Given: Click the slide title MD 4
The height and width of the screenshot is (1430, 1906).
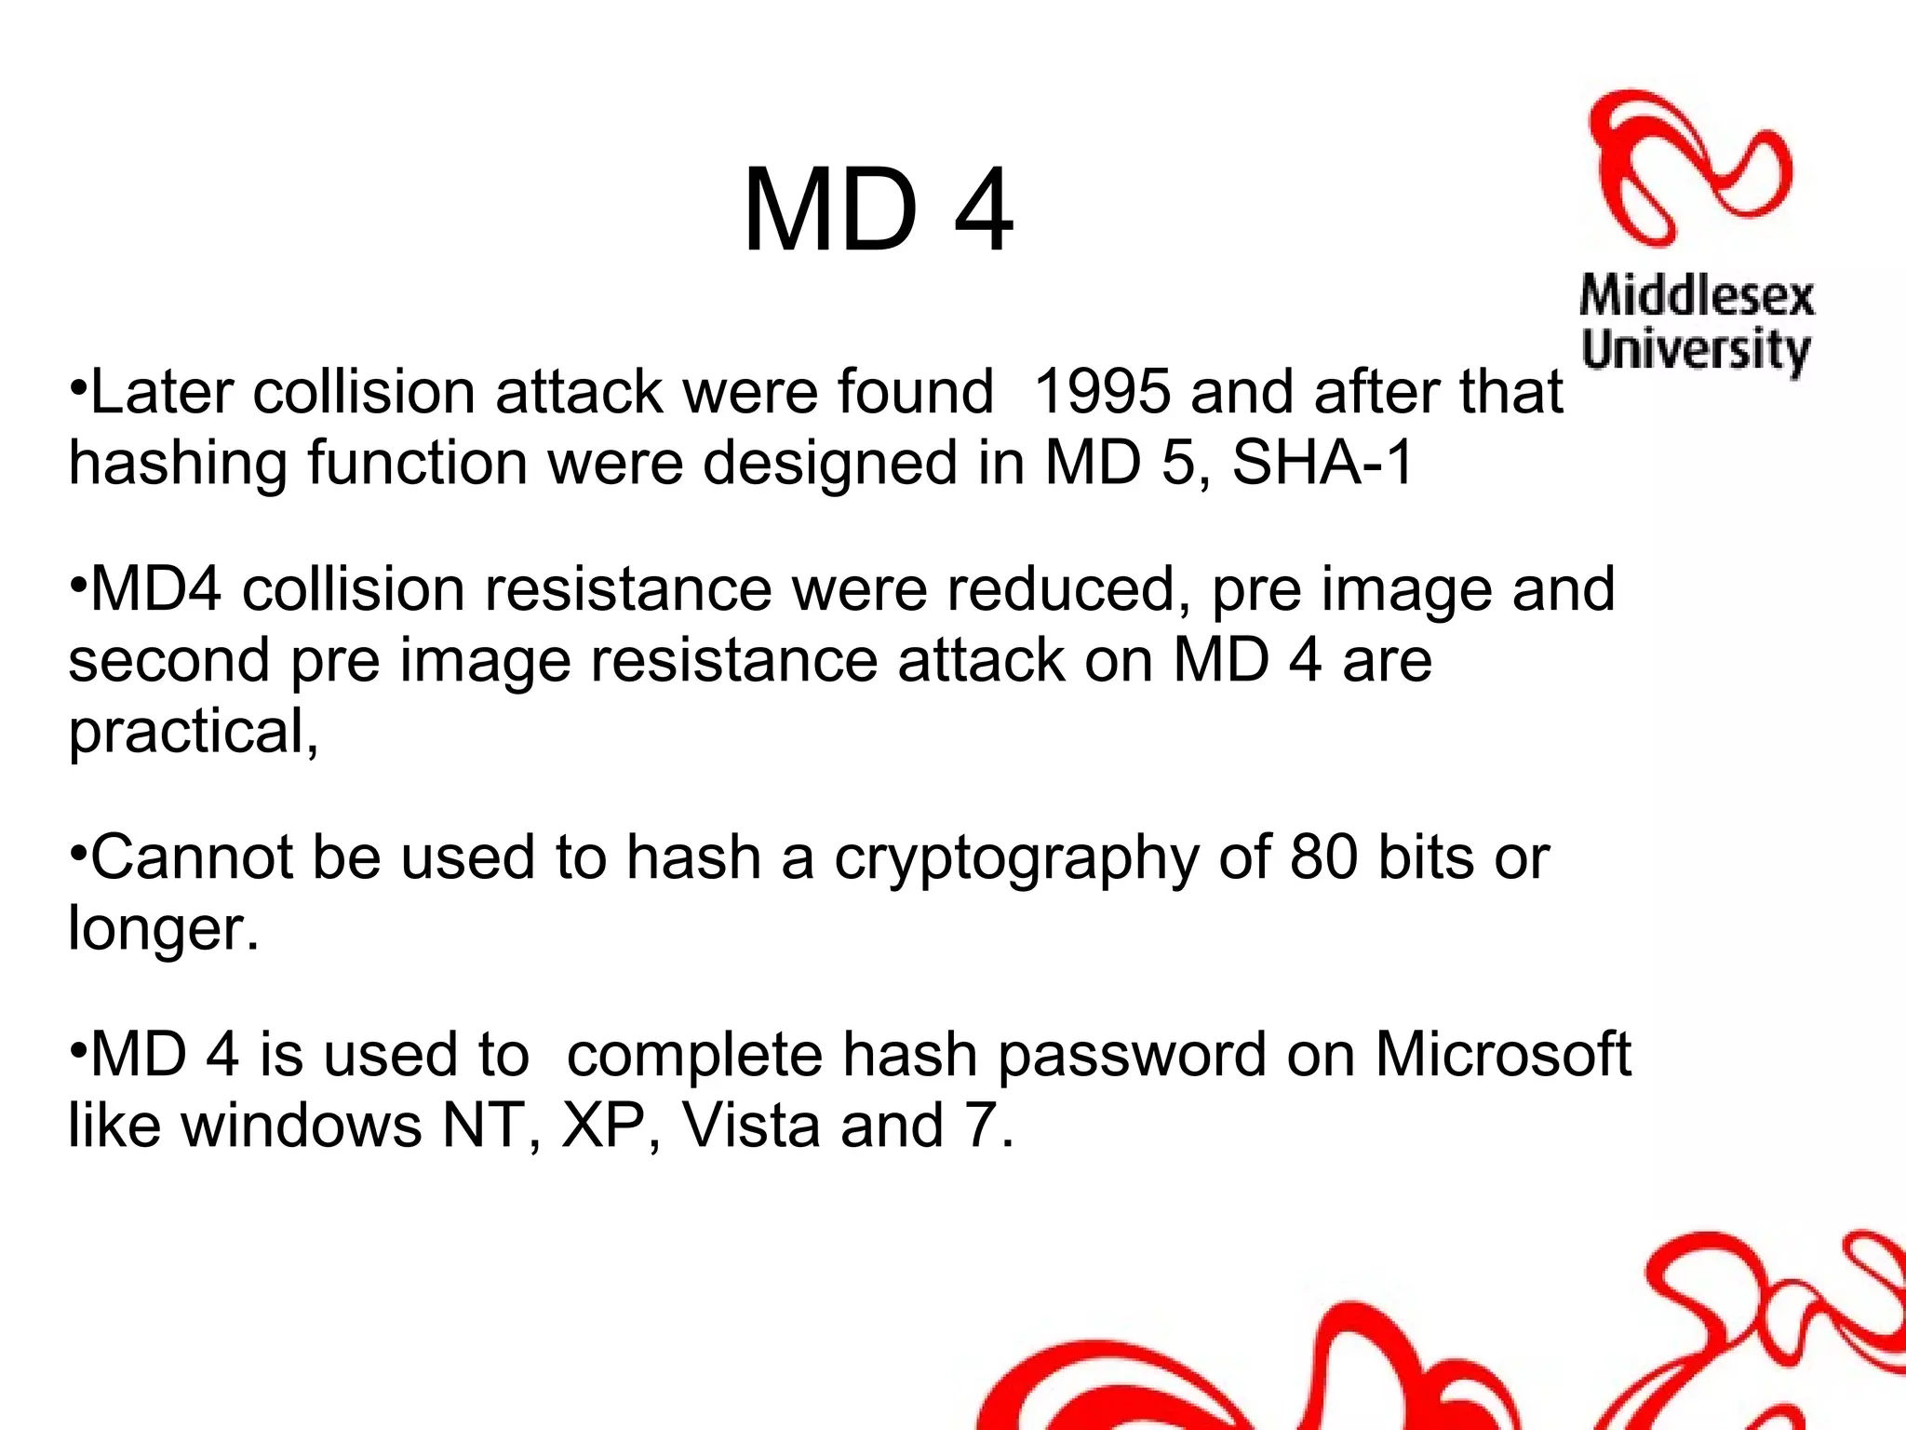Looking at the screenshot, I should point(877,210).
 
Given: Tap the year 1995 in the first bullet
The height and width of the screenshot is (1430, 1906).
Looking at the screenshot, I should point(1102,391).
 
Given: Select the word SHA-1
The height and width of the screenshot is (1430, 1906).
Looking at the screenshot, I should point(1322,463).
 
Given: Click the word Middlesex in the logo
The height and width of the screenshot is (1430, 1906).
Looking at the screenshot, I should point(1697,297).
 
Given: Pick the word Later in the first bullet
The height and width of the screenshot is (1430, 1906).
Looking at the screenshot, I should point(161,391).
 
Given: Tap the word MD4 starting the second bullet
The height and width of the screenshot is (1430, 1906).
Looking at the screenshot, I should point(155,589).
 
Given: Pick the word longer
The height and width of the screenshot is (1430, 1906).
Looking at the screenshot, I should point(163,929).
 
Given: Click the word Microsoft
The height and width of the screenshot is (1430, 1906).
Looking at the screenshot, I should point(1503,1054).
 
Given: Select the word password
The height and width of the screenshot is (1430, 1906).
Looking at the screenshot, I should point(1132,1056).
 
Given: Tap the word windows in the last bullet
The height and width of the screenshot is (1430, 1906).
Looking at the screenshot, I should point(302,1126).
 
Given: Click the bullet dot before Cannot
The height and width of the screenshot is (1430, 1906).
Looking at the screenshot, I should point(78,850).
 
